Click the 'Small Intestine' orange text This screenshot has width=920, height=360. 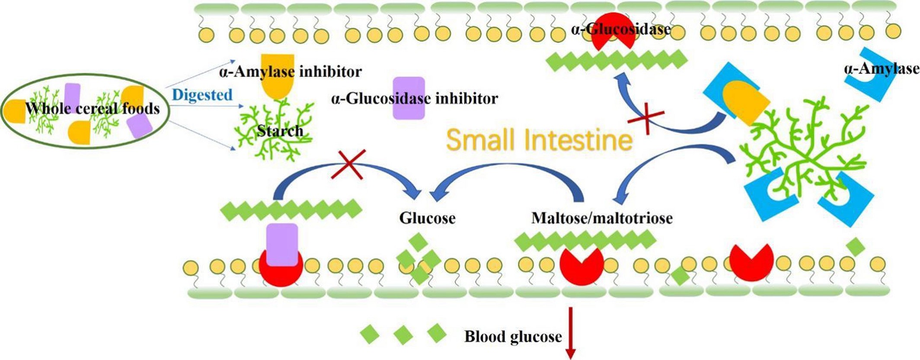[539, 140]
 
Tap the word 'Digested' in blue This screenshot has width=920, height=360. [202, 95]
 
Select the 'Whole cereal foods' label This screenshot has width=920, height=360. [93, 108]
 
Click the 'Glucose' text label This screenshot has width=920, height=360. [427, 218]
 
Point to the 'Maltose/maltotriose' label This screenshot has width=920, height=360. [602, 218]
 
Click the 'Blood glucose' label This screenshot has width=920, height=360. [513, 337]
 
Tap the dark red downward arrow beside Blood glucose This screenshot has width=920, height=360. [571, 333]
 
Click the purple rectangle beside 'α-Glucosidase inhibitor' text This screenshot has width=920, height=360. [409, 98]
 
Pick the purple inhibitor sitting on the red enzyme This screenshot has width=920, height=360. [282, 245]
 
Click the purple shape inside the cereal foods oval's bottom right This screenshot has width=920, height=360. [139, 127]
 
